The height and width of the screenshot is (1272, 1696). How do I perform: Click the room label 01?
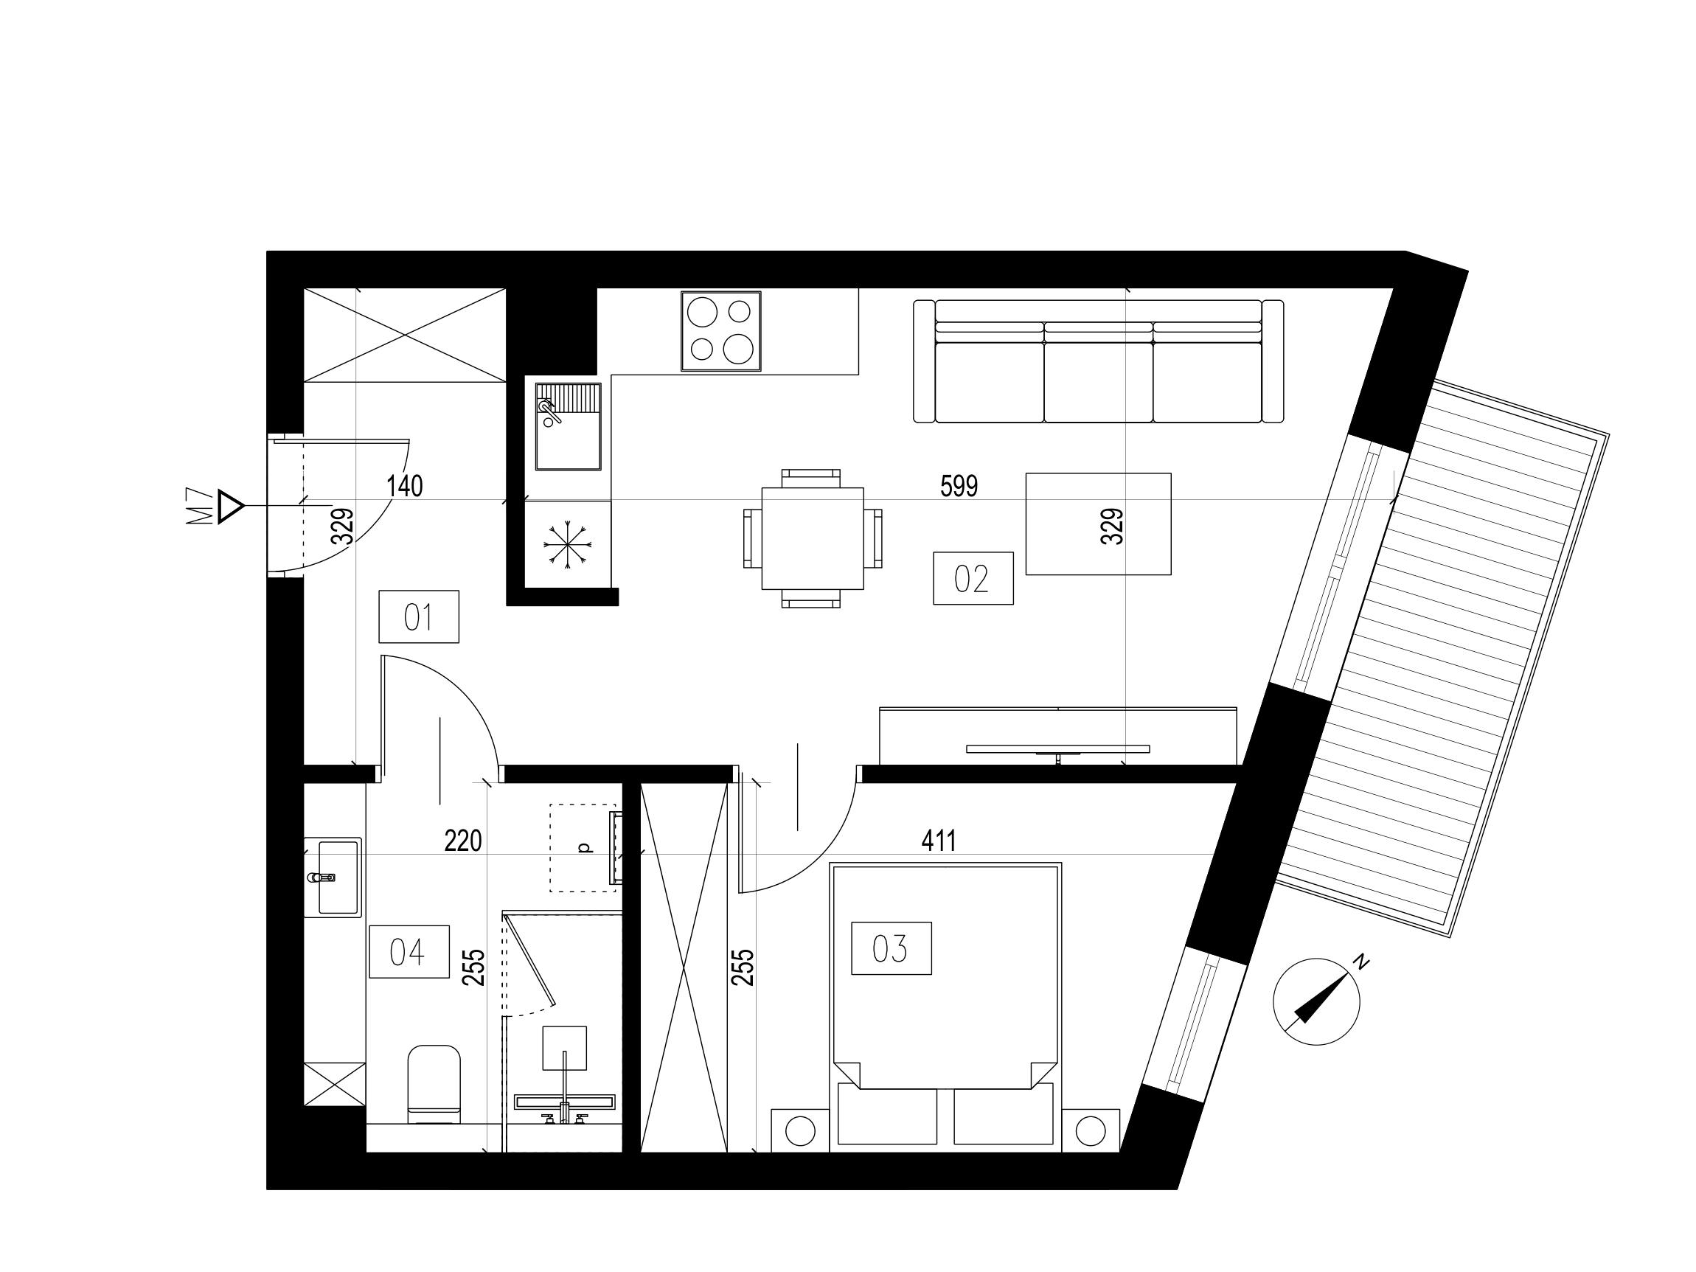click(419, 616)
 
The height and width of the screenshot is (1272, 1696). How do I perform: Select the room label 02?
click(973, 578)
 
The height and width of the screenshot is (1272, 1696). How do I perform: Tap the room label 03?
click(891, 948)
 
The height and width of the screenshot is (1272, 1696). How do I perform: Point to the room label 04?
click(409, 951)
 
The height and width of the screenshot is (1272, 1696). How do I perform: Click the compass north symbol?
click(1316, 1001)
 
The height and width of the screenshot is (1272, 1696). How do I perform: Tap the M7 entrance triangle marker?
click(230, 506)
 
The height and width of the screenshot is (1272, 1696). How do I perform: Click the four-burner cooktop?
click(720, 331)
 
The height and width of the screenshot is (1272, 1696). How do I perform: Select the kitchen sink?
click(568, 426)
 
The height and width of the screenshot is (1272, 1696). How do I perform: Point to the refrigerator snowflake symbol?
click(567, 544)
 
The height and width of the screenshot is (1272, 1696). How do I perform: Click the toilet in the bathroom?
click(434, 1084)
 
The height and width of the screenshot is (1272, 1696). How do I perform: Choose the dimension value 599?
click(959, 486)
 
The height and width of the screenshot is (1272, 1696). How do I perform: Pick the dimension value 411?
click(939, 841)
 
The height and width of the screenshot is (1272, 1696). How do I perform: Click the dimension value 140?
click(404, 486)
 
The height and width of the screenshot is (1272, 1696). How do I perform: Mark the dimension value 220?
click(463, 841)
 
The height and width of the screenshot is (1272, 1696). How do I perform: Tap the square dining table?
click(813, 538)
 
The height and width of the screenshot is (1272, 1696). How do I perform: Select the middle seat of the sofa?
click(1098, 381)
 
